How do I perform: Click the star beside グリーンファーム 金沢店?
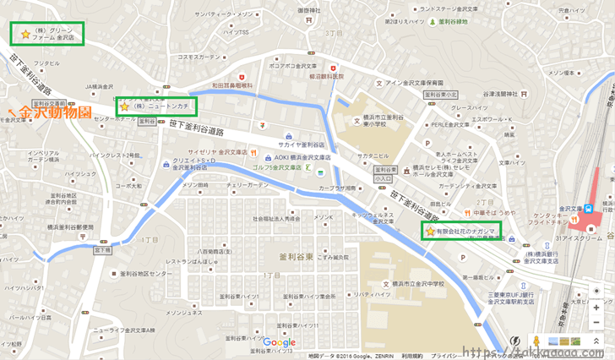[x=25, y=35]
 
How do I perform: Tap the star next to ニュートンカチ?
[x=125, y=106]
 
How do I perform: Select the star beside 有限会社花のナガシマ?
[x=430, y=231]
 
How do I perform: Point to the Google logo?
[x=279, y=342]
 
